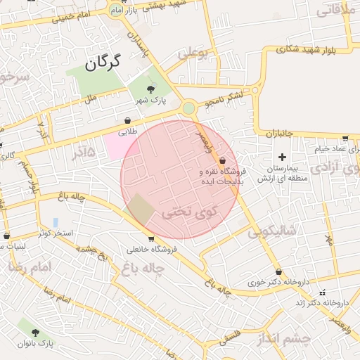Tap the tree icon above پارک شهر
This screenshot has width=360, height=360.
[x=151, y=89]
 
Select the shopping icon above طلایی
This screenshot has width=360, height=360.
[x=127, y=120]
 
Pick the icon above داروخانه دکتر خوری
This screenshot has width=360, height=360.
[x=279, y=271]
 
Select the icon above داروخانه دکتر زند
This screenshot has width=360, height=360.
[x=323, y=292]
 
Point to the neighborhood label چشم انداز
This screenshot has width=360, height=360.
[x=281, y=339]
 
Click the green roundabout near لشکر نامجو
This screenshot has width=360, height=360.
[x=188, y=108]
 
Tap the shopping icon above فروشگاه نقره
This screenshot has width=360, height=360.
[x=223, y=161]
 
